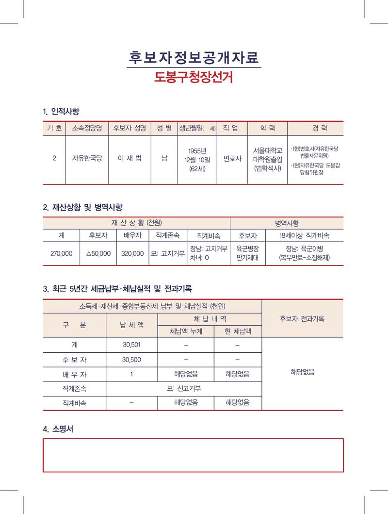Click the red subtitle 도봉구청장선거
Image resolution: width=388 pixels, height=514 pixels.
(x=194, y=77)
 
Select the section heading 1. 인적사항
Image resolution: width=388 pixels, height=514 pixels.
(x=61, y=112)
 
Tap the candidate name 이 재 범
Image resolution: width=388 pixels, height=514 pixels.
(x=129, y=158)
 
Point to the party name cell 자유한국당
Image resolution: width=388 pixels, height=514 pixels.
(x=87, y=158)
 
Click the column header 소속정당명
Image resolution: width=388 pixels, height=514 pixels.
(x=87, y=128)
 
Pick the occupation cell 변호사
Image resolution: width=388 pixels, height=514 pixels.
(x=232, y=158)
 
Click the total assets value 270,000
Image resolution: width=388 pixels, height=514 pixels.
(x=62, y=253)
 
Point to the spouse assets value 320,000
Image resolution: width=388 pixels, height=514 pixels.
(x=132, y=253)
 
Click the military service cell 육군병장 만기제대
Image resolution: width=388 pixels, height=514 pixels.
(x=247, y=253)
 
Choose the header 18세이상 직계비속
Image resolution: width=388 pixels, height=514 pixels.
(x=305, y=235)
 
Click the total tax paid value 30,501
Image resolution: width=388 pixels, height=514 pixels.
(x=132, y=345)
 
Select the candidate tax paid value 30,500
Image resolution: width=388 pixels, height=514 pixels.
(x=132, y=359)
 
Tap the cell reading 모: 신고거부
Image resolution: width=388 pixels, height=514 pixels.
(x=184, y=388)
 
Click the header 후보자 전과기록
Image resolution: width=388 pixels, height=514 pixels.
(x=302, y=319)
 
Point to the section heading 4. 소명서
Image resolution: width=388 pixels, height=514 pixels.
(x=58, y=429)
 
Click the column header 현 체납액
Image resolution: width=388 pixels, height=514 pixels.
(x=238, y=332)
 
